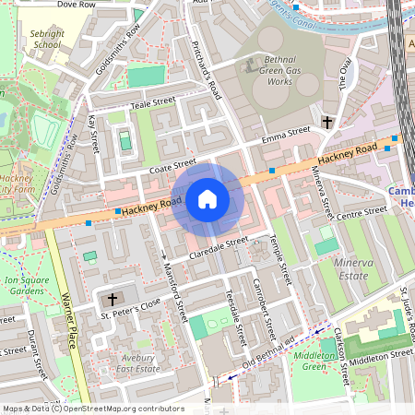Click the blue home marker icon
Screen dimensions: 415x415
pyautogui.click(x=207, y=198)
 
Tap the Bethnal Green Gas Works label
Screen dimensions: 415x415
pyautogui.click(x=267, y=70)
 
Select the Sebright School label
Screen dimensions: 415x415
pyautogui.click(x=46, y=38)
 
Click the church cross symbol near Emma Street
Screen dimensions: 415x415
pyautogui.click(x=326, y=122)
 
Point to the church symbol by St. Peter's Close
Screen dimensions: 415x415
pyautogui.click(x=113, y=300)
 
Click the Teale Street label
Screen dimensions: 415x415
pyautogui.click(x=152, y=102)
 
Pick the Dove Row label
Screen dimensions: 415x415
pyautogui.click(x=77, y=5)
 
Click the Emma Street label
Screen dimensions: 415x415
pyautogui.click(x=285, y=135)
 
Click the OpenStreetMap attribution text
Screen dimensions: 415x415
pyautogui.click(x=92, y=409)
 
